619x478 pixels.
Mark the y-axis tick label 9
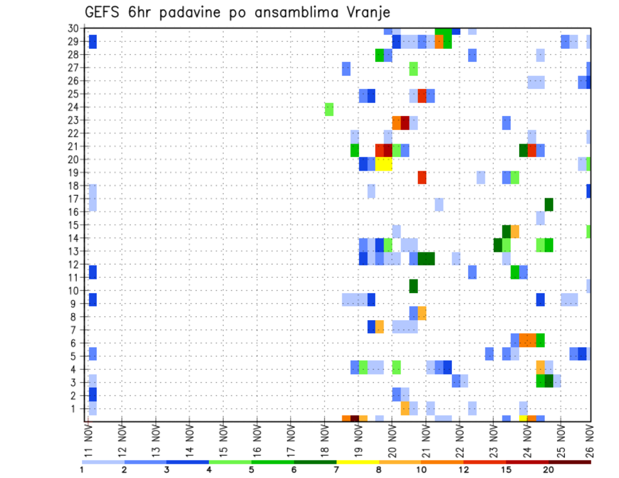pyautogui.click(x=75, y=303)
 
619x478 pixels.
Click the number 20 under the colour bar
pyautogui.click(x=549, y=470)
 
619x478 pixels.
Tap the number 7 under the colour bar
pyautogui.click(x=337, y=470)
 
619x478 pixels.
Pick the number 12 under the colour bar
pyautogui.click(x=464, y=470)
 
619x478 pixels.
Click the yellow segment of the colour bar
pyautogui.click(x=357, y=462)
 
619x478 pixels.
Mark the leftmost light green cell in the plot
pyautogui.click(x=329, y=110)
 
